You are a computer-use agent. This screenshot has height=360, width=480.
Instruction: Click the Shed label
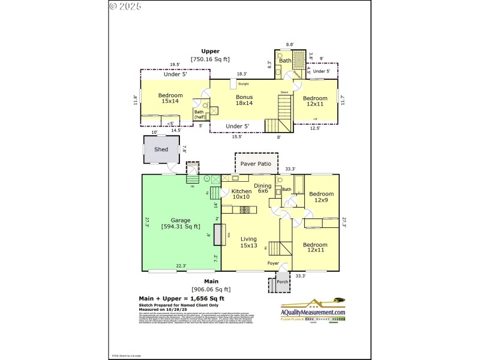tap(161, 149)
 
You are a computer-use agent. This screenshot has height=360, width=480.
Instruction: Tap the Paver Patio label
tap(256, 163)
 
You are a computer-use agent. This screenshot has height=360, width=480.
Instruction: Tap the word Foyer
tap(273, 263)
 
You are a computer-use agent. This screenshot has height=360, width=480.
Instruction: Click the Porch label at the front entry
tap(282, 281)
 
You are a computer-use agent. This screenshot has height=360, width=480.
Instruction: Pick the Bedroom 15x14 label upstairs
tap(170, 98)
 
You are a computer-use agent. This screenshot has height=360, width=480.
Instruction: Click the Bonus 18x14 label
tap(244, 100)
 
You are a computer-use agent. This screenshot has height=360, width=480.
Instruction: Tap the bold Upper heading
tap(211, 51)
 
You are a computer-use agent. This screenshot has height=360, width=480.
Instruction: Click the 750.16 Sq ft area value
tap(211, 59)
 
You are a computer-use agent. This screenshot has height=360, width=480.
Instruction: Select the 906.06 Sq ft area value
tap(211, 289)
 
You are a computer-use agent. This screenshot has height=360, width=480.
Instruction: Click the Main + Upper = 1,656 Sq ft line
tap(182, 298)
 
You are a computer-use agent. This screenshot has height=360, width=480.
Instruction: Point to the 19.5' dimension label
tap(175, 65)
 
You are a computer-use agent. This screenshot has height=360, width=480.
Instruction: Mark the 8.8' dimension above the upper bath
tap(290, 44)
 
